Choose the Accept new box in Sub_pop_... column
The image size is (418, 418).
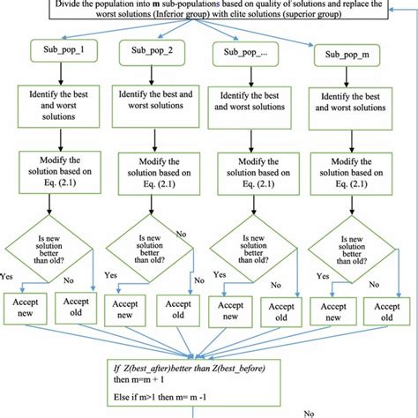(x=228, y=311)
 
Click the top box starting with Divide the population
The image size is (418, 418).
(x=209, y=11)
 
